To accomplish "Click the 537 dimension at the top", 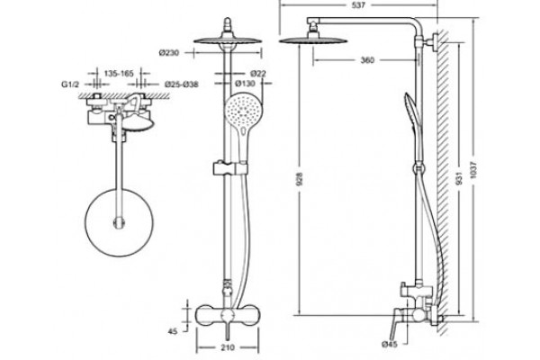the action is (358, 5).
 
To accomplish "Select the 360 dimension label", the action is (367, 60).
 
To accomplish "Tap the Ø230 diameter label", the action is (169, 53).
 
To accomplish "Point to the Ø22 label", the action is (258, 74).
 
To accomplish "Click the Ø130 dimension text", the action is (245, 84).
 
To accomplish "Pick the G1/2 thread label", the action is (70, 85).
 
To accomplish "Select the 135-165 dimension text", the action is (119, 74).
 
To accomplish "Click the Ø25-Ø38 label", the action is (181, 85).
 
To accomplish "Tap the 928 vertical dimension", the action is (300, 179).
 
